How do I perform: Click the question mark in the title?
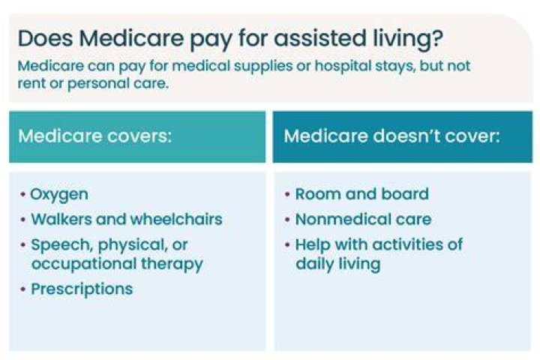coord(436,37)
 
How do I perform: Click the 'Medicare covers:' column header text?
coord(94,136)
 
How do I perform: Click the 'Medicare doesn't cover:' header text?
coord(391,136)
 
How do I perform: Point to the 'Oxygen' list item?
coord(59,195)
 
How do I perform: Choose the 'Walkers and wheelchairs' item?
coord(127,219)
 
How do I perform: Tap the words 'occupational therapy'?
coord(117,264)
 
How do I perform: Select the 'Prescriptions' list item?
coord(82,289)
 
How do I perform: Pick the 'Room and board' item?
coord(362,194)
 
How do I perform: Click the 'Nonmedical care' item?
coord(363,219)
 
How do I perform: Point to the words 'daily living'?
coord(337,264)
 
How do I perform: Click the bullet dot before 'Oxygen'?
coord(22,195)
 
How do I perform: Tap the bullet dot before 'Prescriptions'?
coord(22,289)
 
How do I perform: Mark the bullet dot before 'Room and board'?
coord(287,194)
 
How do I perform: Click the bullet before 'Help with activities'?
coord(287,245)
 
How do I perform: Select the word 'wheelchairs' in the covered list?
coord(176,219)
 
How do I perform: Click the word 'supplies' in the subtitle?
coord(263,66)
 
